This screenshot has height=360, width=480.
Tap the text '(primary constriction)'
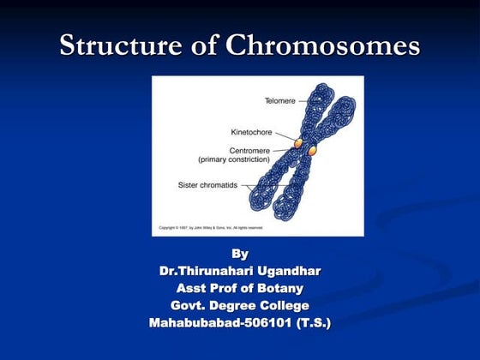coord(235,159)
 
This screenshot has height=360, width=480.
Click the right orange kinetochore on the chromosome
coord(313,151)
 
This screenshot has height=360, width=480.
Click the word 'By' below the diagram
coord(240,254)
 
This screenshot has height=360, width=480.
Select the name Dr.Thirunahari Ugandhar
coord(240,271)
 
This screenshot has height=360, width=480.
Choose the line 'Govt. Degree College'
coord(240,305)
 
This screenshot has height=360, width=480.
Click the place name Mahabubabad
coord(190,323)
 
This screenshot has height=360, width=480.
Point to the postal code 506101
coord(262,323)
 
